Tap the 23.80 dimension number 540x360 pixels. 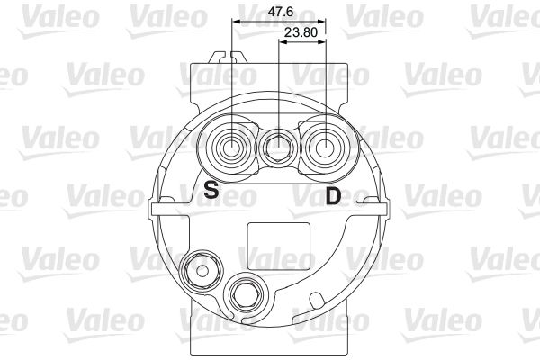pyautogui.click(x=301, y=32)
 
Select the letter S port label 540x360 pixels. pyautogui.click(x=211, y=190)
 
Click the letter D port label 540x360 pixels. pyautogui.click(x=333, y=196)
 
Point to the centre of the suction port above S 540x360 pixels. pyautogui.click(x=232, y=148)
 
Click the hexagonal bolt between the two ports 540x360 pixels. pyautogui.click(x=279, y=148)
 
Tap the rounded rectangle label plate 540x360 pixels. pyautogui.click(x=279, y=247)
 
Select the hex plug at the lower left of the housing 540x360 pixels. pyautogui.click(x=201, y=271)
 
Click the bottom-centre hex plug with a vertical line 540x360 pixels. pyautogui.click(x=247, y=294)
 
